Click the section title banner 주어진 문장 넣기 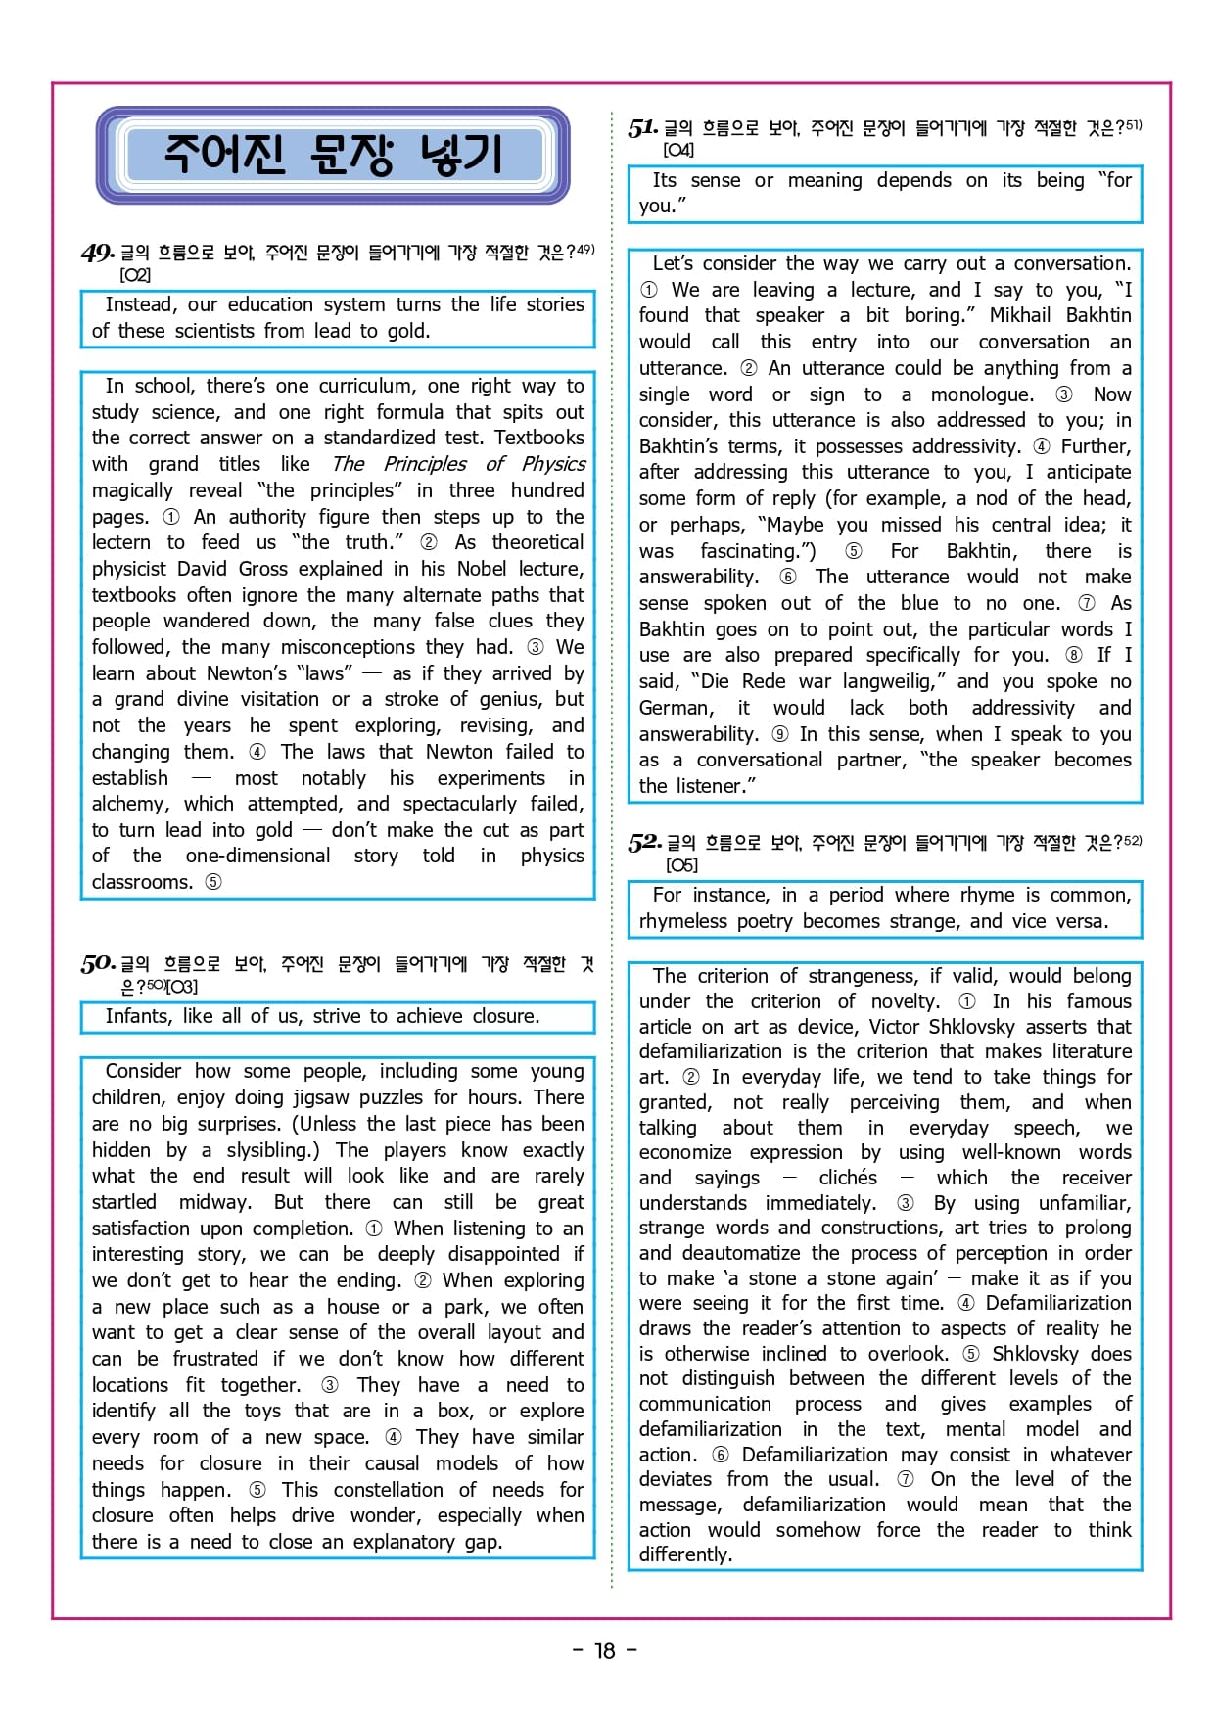click(332, 155)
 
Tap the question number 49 click(98, 253)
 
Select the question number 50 click(98, 963)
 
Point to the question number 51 click(642, 127)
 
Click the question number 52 click(644, 842)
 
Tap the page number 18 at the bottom click(605, 1650)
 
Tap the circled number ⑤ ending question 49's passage click(212, 882)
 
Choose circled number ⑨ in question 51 click(779, 734)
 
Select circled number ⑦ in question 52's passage click(906, 1479)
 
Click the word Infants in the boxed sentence click(138, 1016)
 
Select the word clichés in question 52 click(848, 1178)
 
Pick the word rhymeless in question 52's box click(686, 921)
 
